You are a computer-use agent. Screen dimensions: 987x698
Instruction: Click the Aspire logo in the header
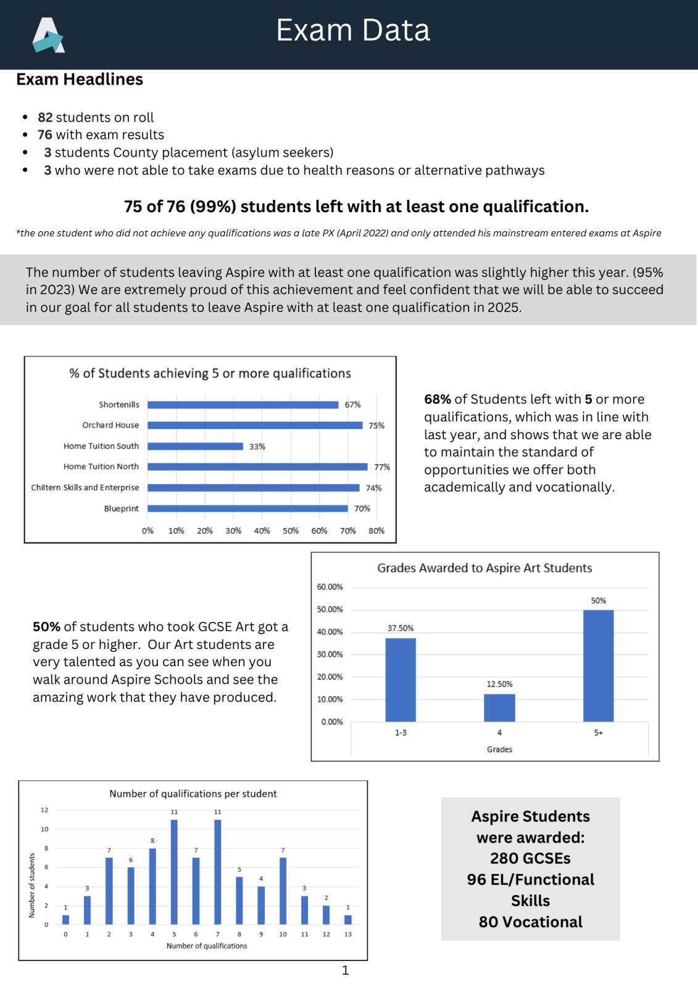[x=48, y=35]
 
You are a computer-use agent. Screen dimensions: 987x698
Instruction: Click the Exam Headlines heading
[x=80, y=80]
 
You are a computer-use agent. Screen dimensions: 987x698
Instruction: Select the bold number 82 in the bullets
[x=45, y=117]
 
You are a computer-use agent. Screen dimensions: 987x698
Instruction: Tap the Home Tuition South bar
[x=195, y=446]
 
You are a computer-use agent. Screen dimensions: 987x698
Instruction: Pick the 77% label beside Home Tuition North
[x=382, y=467]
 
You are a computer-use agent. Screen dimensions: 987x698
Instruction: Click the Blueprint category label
[x=121, y=508]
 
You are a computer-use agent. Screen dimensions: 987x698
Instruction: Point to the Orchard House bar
[x=254, y=425]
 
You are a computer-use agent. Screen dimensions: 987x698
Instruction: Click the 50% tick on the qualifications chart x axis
[x=291, y=531]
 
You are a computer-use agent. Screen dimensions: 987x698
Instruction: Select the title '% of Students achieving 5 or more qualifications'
[x=210, y=373]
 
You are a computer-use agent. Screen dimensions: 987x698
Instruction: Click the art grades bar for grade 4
[x=499, y=708]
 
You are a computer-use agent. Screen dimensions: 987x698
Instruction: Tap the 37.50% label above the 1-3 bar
[x=401, y=628]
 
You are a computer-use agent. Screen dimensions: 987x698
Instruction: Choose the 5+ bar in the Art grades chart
[x=598, y=666]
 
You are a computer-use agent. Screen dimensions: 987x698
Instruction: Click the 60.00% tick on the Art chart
[x=330, y=587]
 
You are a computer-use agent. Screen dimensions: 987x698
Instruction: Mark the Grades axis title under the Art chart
[x=499, y=749]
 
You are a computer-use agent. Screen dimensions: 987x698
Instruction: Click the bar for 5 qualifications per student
[x=174, y=872]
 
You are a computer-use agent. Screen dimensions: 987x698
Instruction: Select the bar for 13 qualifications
[x=348, y=919]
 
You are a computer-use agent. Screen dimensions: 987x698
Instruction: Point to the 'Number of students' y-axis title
[x=32, y=885]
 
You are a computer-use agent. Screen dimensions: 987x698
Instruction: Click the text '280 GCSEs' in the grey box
[x=530, y=858]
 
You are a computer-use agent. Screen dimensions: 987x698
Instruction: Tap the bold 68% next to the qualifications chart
[x=437, y=399]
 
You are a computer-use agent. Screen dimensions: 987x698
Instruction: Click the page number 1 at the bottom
[x=346, y=970]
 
